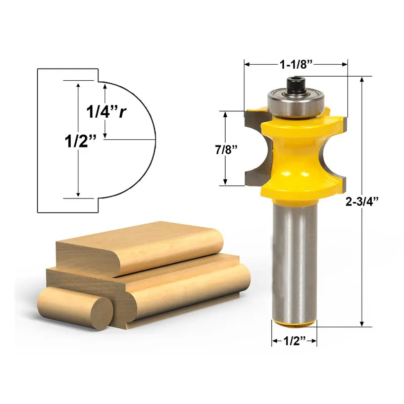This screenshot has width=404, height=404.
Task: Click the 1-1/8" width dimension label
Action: coord(296,65)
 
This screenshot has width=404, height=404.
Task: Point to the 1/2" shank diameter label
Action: coord(294,342)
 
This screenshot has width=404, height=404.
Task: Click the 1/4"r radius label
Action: coord(105,112)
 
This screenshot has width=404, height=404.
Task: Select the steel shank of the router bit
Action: coord(294,258)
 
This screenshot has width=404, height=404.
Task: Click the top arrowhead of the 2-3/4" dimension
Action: coord(362,80)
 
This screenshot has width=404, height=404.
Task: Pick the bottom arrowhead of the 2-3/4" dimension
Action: coord(362,324)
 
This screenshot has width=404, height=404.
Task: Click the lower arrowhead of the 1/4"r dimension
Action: coord(105,135)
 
